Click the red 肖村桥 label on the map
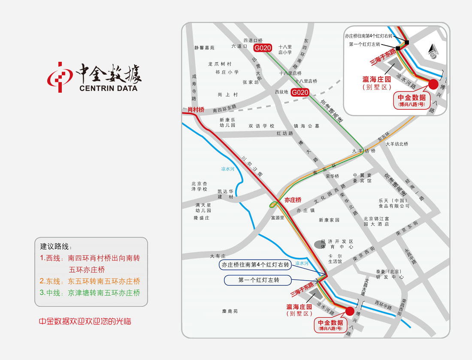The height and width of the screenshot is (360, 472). tap(196, 110)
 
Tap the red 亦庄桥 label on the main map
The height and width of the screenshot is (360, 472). tap(293, 200)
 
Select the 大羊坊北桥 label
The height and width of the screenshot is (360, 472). tap(397, 144)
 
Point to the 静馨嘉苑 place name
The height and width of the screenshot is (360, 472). tap(204, 48)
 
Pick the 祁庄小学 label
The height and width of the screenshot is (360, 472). tap(227, 72)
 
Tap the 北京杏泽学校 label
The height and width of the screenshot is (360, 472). tap(199, 186)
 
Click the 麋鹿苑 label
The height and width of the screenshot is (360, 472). tap(230, 311)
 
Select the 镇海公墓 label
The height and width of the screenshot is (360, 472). tap(306, 126)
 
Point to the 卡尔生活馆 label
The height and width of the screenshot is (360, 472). tap(335, 258)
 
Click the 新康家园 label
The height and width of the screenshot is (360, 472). tap(329, 220)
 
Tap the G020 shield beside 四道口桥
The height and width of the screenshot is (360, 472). tap(263, 48)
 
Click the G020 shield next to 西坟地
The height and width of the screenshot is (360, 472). tap(300, 92)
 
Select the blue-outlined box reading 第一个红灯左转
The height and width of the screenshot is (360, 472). tap(258, 280)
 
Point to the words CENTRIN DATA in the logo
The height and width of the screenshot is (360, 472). tap(109, 88)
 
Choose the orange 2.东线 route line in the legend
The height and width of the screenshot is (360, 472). tap(90, 281)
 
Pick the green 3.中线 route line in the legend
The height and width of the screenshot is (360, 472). tap(90, 293)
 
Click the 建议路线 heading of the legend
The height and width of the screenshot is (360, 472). tap(56, 247)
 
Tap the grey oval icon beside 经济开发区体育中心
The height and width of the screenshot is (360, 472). tap(319, 244)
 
